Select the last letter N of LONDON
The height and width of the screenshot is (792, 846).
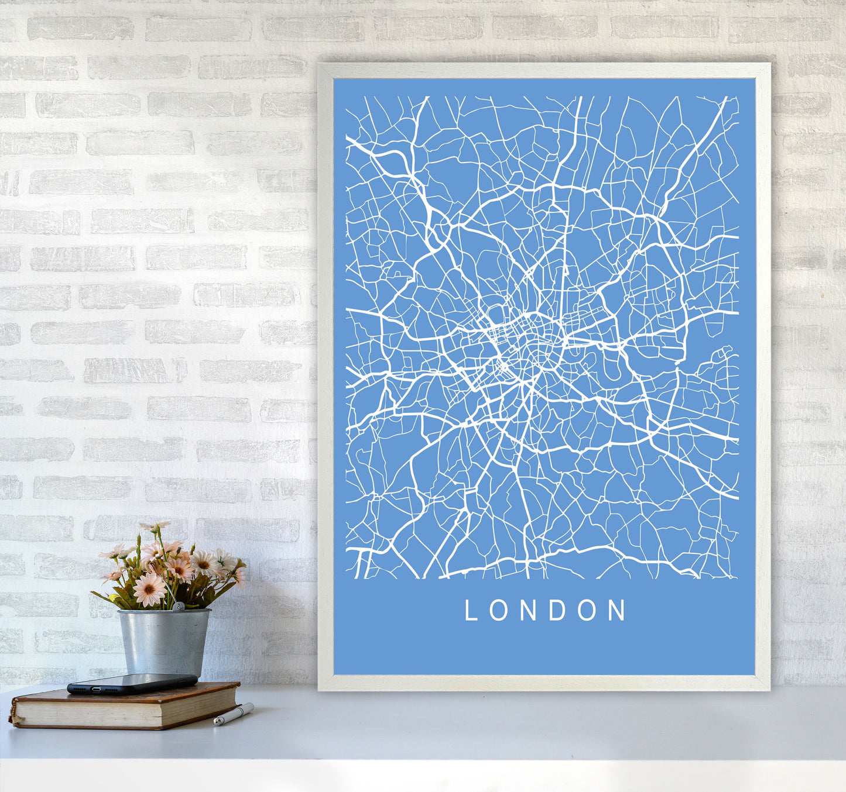click(x=618, y=610)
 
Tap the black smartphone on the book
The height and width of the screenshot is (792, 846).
click(x=132, y=683)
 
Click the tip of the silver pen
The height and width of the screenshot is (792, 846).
click(x=215, y=724)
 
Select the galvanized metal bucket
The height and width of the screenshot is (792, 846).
click(x=163, y=641)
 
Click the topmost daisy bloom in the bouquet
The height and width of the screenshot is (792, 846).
click(x=155, y=526)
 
